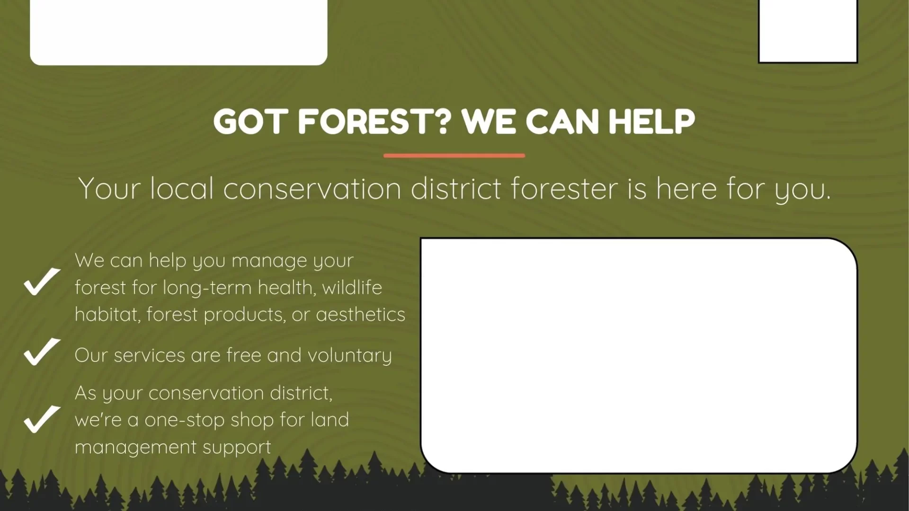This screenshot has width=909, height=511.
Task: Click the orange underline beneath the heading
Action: coord(454,155)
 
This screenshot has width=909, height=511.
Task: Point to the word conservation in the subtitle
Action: coord(312,189)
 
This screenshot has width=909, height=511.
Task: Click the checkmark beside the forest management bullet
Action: coord(42,282)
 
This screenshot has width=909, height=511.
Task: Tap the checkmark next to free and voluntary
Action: coord(42,352)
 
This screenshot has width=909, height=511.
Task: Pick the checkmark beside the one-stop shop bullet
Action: coord(42,419)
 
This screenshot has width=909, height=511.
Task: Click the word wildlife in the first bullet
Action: coord(352,287)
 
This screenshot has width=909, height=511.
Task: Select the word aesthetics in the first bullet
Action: coord(360,315)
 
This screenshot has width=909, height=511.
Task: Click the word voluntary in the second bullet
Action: coord(349,356)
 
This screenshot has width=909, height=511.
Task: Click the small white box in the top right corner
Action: coord(808,31)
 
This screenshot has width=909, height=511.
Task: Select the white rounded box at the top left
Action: coord(178,32)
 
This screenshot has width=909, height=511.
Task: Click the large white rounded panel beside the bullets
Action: coord(639,355)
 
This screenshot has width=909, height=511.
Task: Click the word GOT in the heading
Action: coord(251,122)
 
